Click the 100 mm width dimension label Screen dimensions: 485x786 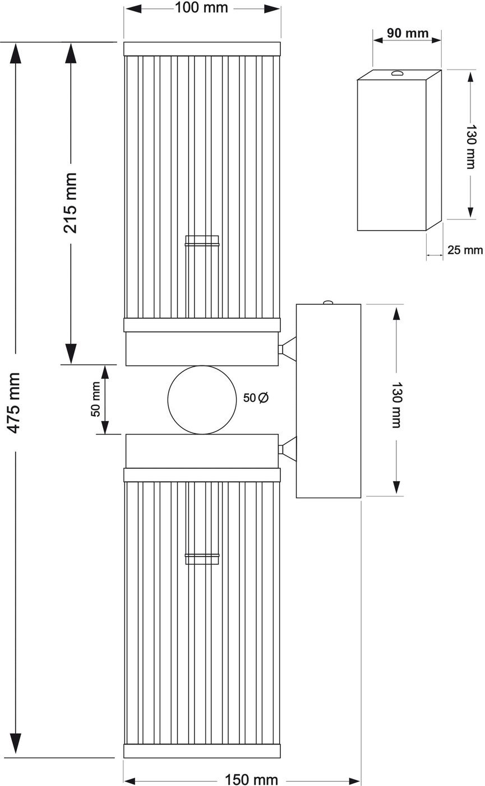click(201, 8)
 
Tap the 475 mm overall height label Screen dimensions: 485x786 click(14, 403)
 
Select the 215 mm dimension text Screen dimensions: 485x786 click(70, 203)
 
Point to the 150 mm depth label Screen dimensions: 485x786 click(251, 779)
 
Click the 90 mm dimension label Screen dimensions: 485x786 click(408, 33)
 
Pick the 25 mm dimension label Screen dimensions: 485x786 click(465, 250)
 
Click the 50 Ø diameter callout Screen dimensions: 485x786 click(256, 397)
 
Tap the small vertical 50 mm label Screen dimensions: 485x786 click(96, 399)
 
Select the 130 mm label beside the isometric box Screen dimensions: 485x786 click(472, 147)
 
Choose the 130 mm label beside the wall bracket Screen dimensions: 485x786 click(396, 405)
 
